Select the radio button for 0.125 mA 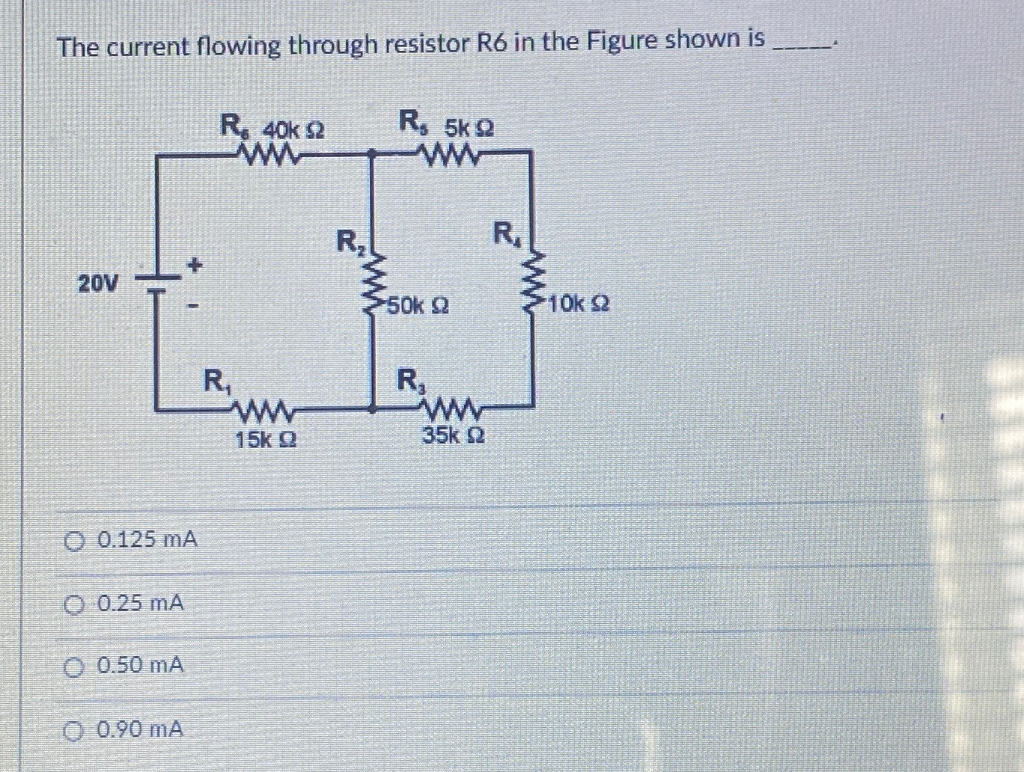click(x=73, y=540)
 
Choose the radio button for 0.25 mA click(x=73, y=603)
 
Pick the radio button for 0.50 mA click(x=73, y=666)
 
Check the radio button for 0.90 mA click(x=73, y=729)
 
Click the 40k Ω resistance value click(x=293, y=129)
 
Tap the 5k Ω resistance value click(x=469, y=128)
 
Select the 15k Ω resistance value click(x=266, y=440)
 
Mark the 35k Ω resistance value click(x=453, y=435)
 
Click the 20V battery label click(x=98, y=284)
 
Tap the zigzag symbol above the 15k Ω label click(x=266, y=410)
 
